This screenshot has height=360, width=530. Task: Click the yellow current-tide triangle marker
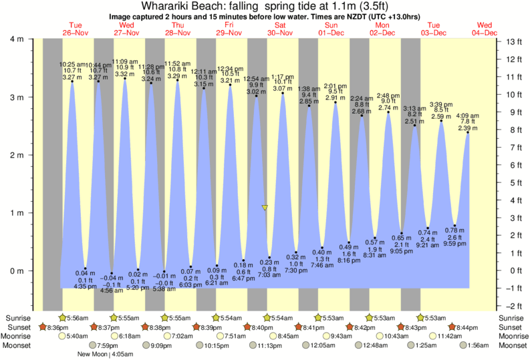click(x=265, y=208)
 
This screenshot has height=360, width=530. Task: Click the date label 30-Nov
click(x=281, y=32)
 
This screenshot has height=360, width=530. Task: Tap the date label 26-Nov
click(x=75, y=32)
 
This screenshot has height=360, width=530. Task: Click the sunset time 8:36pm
click(x=55, y=327)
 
